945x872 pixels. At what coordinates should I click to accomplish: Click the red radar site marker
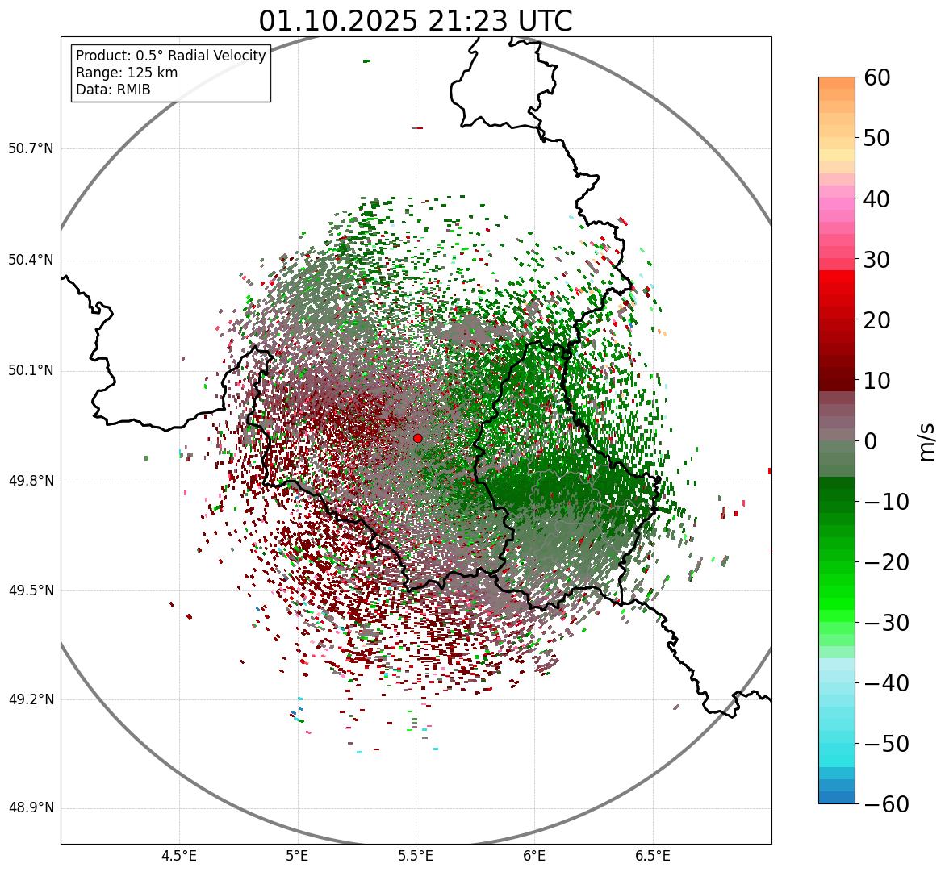417,438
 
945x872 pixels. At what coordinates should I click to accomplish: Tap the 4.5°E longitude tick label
179,855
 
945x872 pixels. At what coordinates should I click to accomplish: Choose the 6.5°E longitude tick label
652,855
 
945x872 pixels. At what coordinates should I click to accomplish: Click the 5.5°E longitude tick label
416,855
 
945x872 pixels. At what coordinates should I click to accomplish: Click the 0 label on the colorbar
871,441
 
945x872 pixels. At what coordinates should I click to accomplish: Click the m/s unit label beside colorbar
926,441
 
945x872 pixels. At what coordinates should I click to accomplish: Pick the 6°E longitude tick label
534,855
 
